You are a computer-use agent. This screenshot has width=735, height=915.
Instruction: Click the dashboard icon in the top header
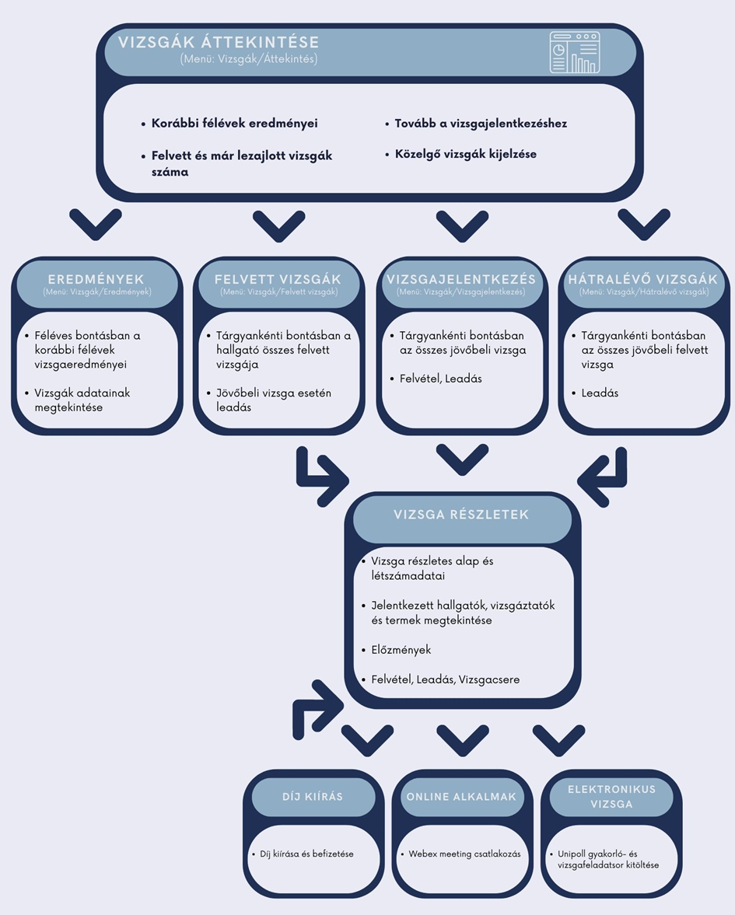click(575, 52)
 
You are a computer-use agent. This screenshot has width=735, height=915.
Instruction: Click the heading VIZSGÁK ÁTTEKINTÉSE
click(219, 43)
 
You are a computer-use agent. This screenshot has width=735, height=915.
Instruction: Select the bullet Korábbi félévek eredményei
click(234, 124)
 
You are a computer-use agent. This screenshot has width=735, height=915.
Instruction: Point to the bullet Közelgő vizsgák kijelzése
click(465, 154)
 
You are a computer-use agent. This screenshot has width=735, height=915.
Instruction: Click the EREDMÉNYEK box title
click(96, 279)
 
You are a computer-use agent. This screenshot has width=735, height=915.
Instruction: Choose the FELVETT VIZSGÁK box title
click(278, 279)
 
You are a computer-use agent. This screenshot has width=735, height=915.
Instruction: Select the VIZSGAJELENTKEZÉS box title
click(460, 279)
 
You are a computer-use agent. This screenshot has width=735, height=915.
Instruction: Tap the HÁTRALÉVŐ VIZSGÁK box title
click(643, 279)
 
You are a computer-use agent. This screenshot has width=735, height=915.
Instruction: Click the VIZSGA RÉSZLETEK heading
click(461, 515)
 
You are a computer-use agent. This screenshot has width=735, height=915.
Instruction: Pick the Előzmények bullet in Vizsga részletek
click(401, 650)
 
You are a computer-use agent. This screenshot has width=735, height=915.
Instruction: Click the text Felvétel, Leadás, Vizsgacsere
click(445, 679)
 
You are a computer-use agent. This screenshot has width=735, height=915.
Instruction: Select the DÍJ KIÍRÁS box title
click(313, 797)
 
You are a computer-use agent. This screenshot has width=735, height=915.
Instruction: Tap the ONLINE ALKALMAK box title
click(461, 797)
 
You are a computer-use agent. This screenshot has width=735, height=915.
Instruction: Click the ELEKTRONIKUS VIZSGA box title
click(611, 796)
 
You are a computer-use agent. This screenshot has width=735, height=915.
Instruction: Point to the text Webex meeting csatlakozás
click(464, 854)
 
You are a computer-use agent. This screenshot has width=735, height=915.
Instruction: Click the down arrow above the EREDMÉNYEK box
click(96, 224)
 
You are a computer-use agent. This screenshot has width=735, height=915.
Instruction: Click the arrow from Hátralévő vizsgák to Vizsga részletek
click(604, 471)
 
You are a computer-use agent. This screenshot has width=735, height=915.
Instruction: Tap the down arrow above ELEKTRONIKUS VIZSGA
click(558, 739)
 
